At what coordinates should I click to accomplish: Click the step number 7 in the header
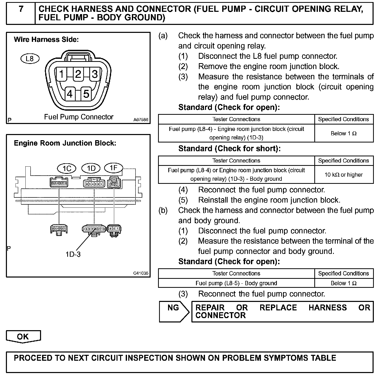21,9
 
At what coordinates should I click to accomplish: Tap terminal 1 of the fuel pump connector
62,74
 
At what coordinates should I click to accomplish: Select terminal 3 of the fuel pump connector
95,74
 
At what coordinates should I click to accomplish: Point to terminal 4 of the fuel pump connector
70,94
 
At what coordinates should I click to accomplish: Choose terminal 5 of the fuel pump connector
86,94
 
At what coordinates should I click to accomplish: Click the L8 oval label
30,59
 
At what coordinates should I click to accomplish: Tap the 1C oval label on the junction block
67,169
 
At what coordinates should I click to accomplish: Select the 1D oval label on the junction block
91,168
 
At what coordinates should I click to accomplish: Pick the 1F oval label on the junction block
113,168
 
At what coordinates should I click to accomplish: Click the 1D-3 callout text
73,254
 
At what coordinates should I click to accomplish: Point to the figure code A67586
141,120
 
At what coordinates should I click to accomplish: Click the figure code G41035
141,273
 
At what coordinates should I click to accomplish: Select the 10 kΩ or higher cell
344,175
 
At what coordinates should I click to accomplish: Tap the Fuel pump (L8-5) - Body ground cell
236,283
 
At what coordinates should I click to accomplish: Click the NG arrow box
174,311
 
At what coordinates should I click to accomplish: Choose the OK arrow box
23,337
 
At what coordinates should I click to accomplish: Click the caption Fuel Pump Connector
79,117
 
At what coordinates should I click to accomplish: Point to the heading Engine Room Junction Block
65,143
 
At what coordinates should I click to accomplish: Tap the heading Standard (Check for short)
229,149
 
